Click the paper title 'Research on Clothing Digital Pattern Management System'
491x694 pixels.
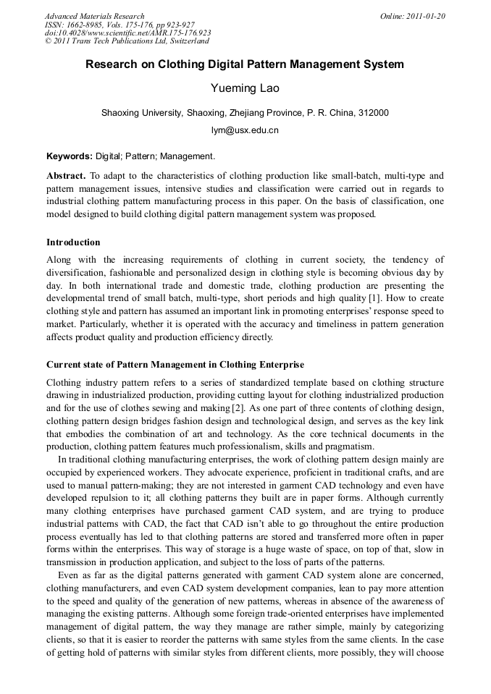(245, 64)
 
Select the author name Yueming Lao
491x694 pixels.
(245, 88)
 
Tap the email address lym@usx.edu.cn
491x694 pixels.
(245, 130)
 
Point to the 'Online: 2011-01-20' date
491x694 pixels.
(413, 16)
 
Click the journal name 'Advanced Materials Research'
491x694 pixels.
(94, 16)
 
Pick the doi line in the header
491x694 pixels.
(127, 33)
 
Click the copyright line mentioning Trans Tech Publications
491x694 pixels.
(127, 41)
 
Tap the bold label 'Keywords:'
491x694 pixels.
(70, 156)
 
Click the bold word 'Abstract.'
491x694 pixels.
(66, 176)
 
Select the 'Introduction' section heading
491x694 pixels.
(73, 242)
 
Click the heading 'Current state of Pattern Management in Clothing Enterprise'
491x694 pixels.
(175, 364)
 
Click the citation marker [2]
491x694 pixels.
(241, 409)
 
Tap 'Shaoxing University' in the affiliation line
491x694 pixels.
(141, 113)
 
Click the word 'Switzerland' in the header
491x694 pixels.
(186, 41)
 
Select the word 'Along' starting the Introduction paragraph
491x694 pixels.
(59, 260)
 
